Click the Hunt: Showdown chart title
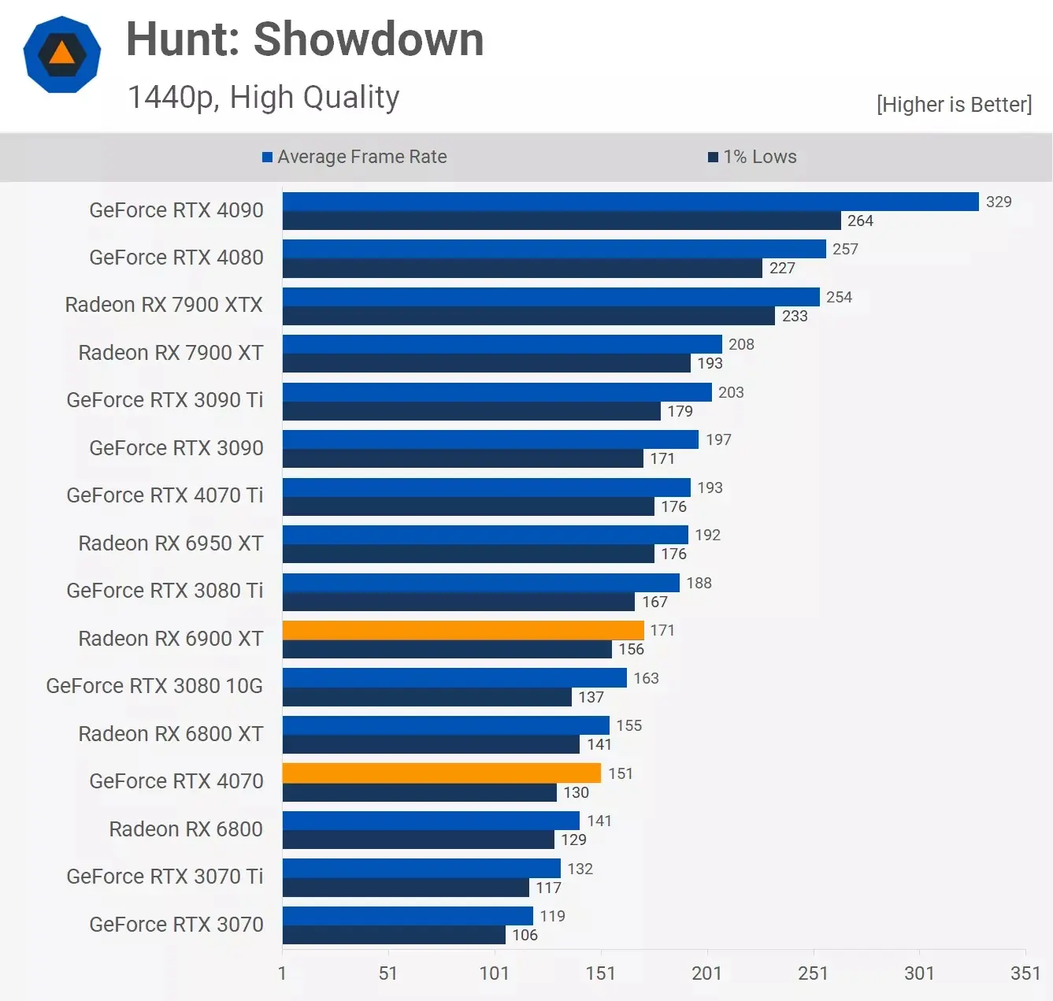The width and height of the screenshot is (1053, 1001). click(x=305, y=39)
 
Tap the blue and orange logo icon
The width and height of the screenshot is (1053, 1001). click(x=62, y=54)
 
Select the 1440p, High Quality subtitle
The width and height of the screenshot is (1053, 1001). click(x=263, y=98)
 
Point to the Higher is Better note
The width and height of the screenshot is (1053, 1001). click(x=954, y=105)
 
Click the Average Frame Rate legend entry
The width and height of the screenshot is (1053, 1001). click(x=354, y=157)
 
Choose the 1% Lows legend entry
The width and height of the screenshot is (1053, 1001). click(x=752, y=157)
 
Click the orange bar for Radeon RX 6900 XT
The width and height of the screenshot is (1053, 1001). click(x=463, y=630)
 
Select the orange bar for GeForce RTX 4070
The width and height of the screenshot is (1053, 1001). click(x=441, y=773)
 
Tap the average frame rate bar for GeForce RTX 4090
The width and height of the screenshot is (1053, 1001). click(x=630, y=202)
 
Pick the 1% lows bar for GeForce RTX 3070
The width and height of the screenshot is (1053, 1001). click(x=394, y=935)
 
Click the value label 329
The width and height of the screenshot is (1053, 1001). click(x=999, y=202)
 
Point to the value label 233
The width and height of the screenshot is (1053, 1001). click(x=795, y=316)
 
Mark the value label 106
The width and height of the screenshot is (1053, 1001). click(x=525, y=935)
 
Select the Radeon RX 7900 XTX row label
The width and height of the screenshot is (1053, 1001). click(x=164, y=305)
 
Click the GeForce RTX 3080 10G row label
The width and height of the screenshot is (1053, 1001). click(x=154, y=686)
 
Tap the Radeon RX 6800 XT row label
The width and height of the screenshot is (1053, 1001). click(x=171, y=734)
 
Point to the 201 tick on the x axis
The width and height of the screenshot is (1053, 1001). click(x=706, y=973)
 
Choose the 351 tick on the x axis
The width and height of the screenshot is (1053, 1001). click(x=1025, y=973)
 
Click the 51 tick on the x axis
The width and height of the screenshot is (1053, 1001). click(x=388, y=973)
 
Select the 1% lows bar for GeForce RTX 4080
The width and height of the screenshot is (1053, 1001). click(x=522, y=268)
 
